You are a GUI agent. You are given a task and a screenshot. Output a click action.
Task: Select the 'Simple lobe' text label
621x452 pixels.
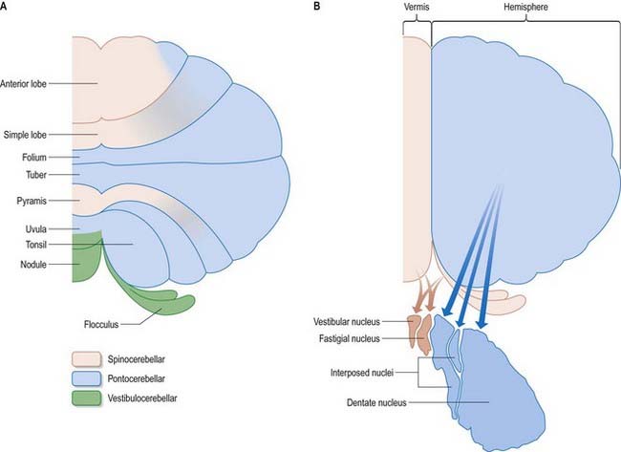[x=25, y=136]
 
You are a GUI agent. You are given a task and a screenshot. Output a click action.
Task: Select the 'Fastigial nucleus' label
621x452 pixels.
[x=358, y=337]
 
